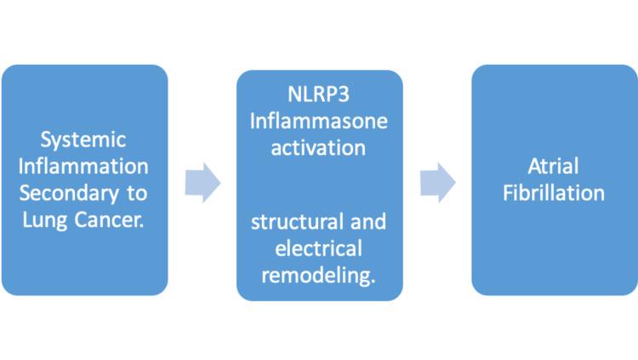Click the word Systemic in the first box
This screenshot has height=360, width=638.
tap(83, 139)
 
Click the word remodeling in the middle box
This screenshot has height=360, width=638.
tap(315, 276)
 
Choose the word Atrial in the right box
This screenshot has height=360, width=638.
tap(554, 166)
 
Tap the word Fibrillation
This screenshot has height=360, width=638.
tap(554, 192)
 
